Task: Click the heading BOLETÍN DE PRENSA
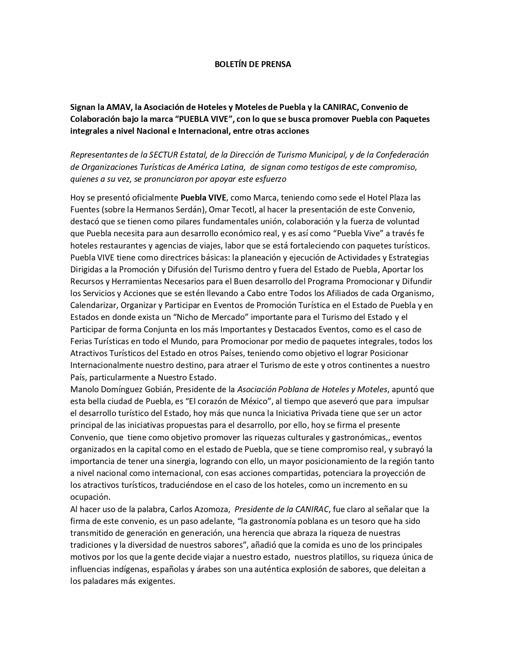point(253,64)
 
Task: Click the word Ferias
point(81,341)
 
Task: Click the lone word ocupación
point(90,497)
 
